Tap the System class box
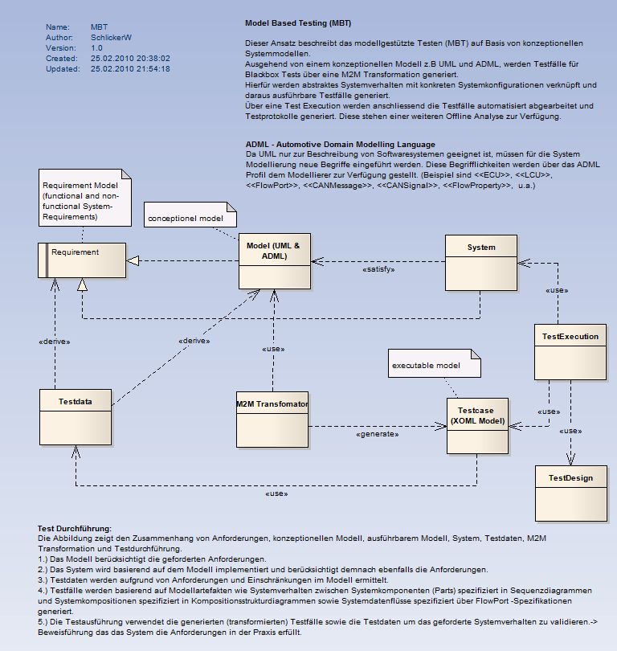point(481,261)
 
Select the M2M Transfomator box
point(272,419)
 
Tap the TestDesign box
point(570,493)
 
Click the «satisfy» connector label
point(378,270)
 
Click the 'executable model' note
point(434,364)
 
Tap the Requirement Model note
point(82,196)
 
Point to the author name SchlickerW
point(112,38)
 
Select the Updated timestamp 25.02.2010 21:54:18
point(130,69)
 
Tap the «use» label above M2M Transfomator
point(274,349)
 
